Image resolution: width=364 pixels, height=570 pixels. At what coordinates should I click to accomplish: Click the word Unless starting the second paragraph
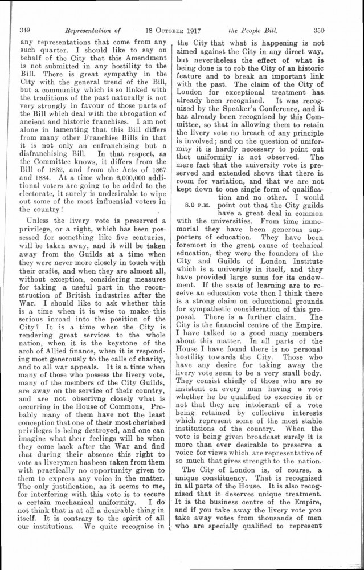(36, 221)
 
